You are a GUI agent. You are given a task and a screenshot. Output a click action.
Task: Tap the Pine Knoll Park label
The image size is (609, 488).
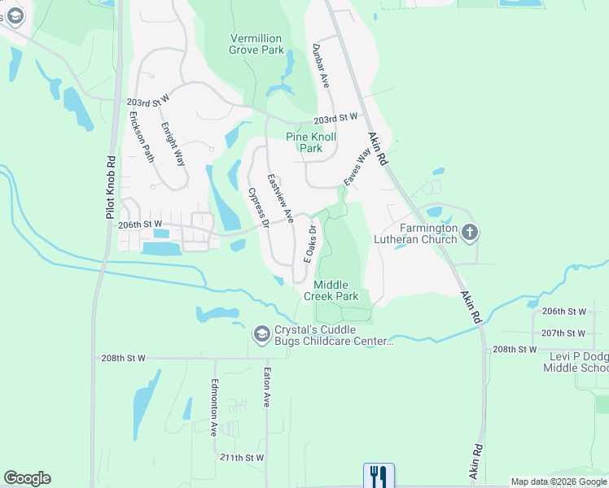(304, 143)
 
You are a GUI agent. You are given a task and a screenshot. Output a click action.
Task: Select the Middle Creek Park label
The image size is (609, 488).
(336, 290)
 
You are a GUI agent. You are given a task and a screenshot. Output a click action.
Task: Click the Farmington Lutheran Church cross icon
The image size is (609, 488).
(469, 233)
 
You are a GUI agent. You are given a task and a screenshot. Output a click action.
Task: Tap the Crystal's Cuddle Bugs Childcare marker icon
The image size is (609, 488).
(262, 333)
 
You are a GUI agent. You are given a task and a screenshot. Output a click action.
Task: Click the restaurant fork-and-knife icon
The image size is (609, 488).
(379, 475)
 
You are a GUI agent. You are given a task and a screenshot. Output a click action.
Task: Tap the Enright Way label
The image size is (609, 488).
(173, 144)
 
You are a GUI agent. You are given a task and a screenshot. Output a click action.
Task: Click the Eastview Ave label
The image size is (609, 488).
(281, 198)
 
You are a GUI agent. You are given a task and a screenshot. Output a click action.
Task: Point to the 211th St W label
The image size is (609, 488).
(241, 458)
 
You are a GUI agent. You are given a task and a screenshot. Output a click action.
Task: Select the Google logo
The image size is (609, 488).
(27, 478)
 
